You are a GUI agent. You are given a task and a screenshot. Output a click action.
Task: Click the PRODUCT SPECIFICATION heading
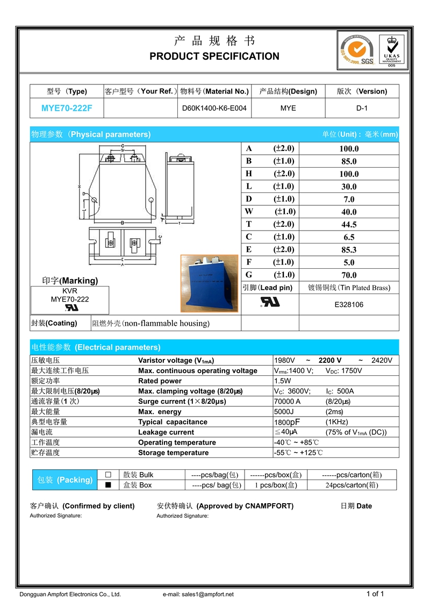214,56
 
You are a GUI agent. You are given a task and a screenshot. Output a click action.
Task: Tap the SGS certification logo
356,49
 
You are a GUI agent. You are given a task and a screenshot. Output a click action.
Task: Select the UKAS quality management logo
391,49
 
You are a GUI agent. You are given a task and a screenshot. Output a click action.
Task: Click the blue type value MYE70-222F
67,108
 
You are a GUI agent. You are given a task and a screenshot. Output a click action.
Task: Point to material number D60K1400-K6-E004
214,108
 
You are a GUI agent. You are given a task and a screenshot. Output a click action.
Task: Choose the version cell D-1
362,108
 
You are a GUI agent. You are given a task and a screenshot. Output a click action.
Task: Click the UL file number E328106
349,305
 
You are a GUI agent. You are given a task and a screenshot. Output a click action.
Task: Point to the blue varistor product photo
209,283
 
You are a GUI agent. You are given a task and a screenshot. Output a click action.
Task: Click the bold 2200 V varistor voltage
330,360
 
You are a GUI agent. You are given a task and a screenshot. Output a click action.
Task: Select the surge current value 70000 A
288,402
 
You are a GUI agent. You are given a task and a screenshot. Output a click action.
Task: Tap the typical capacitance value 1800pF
288,422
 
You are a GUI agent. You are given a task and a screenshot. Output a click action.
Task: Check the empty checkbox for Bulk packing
108,475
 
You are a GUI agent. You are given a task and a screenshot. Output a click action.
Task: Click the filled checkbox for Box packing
108,485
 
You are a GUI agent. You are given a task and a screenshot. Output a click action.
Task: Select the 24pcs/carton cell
352,485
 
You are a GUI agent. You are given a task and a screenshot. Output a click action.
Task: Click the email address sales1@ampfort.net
207,594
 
